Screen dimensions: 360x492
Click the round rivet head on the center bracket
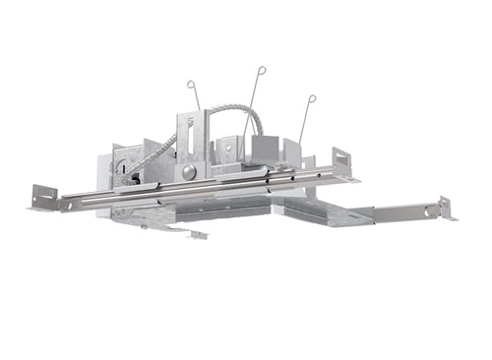coord(187,171)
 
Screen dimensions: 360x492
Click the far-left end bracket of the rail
coord(45,197)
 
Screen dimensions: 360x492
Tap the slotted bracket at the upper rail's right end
coord(342,161)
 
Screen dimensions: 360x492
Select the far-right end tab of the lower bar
coord(446,208)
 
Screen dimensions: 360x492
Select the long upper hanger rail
coord(197,188)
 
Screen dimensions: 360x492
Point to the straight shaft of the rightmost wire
coord(306,123)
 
